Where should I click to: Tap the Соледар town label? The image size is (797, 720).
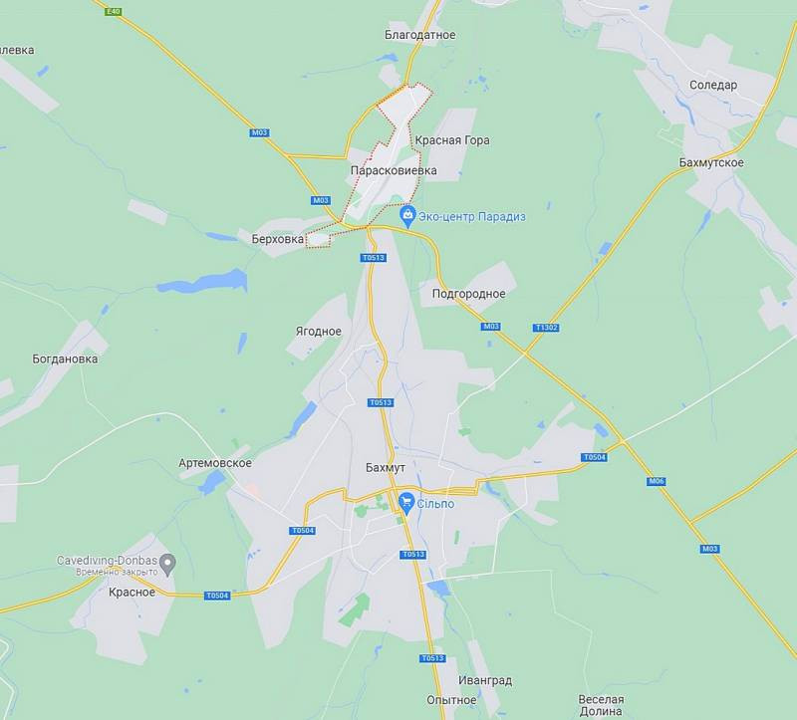pos(713,85)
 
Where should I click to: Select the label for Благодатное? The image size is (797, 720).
pos(419,35)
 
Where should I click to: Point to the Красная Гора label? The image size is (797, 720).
pos(452,140)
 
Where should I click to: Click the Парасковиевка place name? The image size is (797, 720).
pos(394,170)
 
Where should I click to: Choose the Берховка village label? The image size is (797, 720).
pos(277,239)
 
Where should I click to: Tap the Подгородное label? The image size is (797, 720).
pos(468,294)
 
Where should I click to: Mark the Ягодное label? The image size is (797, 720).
pos(319,332)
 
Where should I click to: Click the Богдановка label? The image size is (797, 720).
pos(65,359)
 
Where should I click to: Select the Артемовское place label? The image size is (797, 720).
pos(215,463)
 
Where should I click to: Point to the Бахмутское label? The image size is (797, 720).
pos(711,162)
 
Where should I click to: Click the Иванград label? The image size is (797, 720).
pos(485,680)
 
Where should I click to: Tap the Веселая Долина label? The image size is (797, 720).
pos(601,706)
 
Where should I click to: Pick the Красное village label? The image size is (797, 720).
pos(132,592)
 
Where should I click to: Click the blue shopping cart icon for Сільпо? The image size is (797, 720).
pos(406,503)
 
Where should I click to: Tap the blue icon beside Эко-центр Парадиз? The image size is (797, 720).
pos(406,215)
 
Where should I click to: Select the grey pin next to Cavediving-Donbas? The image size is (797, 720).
pos(167,564)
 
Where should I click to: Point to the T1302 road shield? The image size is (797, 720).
pos(546,327)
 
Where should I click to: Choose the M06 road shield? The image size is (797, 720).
pos(656,482)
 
